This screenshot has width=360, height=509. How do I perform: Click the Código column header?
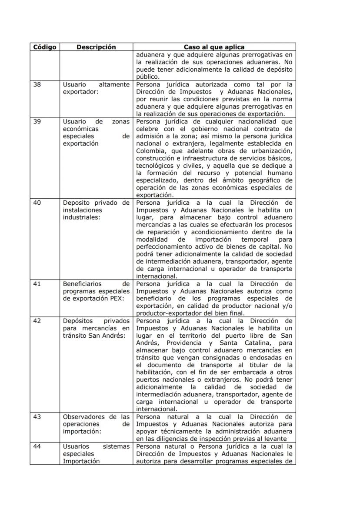coord(44,47)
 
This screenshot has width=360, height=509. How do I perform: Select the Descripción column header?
coord(96,47)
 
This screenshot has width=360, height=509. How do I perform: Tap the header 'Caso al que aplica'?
coord(214,47)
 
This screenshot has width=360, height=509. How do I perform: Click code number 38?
coord(37,85)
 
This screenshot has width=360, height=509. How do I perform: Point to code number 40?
coord(37,202)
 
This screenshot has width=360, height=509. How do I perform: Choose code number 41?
coord(37,284)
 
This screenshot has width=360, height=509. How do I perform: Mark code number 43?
coord(37,417)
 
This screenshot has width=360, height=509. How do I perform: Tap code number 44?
coord(37,446)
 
